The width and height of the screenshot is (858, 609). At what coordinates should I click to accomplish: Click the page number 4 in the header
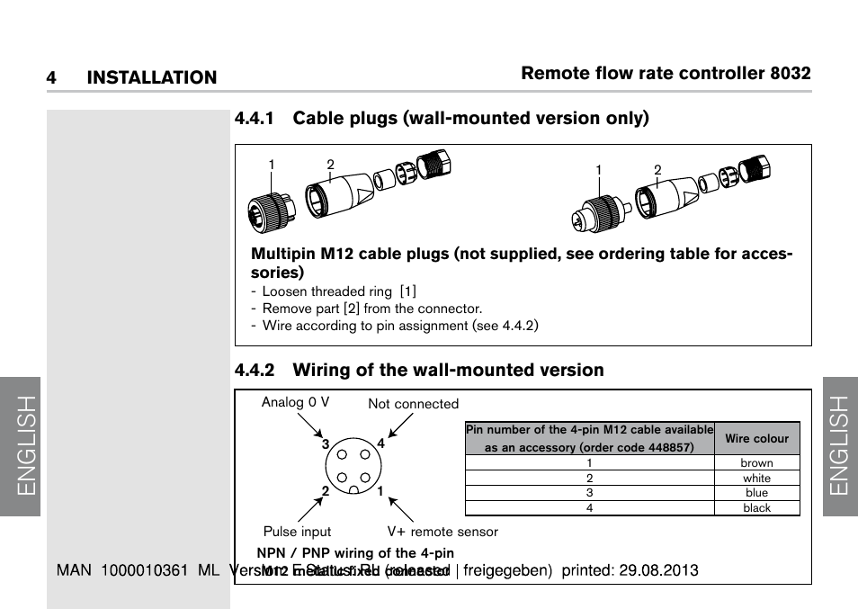51,78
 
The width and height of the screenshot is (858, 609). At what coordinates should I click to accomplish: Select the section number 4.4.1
255,119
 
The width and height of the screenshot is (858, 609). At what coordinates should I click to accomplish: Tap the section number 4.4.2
255,371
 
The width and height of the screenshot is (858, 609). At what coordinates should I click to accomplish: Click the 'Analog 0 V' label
295,403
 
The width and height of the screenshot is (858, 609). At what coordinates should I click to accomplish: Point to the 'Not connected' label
413,405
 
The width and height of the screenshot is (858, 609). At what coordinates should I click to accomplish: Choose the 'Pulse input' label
297,532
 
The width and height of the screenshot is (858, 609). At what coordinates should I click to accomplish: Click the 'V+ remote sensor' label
442,532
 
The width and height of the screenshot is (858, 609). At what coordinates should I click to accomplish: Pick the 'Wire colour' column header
756,439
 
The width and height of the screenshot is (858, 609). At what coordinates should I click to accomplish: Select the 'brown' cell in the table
756,463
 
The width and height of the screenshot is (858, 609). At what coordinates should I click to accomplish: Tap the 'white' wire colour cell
756,479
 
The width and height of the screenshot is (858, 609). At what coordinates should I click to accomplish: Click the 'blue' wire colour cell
756,493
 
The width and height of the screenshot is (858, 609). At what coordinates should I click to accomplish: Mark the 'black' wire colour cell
756,508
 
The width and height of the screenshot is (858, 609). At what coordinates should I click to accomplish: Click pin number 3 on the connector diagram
326,444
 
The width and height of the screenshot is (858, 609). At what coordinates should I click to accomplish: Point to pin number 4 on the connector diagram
380,443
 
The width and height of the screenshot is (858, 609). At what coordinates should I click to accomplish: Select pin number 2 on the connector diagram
326,491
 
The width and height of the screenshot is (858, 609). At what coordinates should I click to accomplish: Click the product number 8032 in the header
791,74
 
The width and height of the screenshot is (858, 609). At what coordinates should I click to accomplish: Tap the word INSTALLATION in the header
152,78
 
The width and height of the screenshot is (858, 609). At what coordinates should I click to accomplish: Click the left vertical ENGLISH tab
21,446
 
